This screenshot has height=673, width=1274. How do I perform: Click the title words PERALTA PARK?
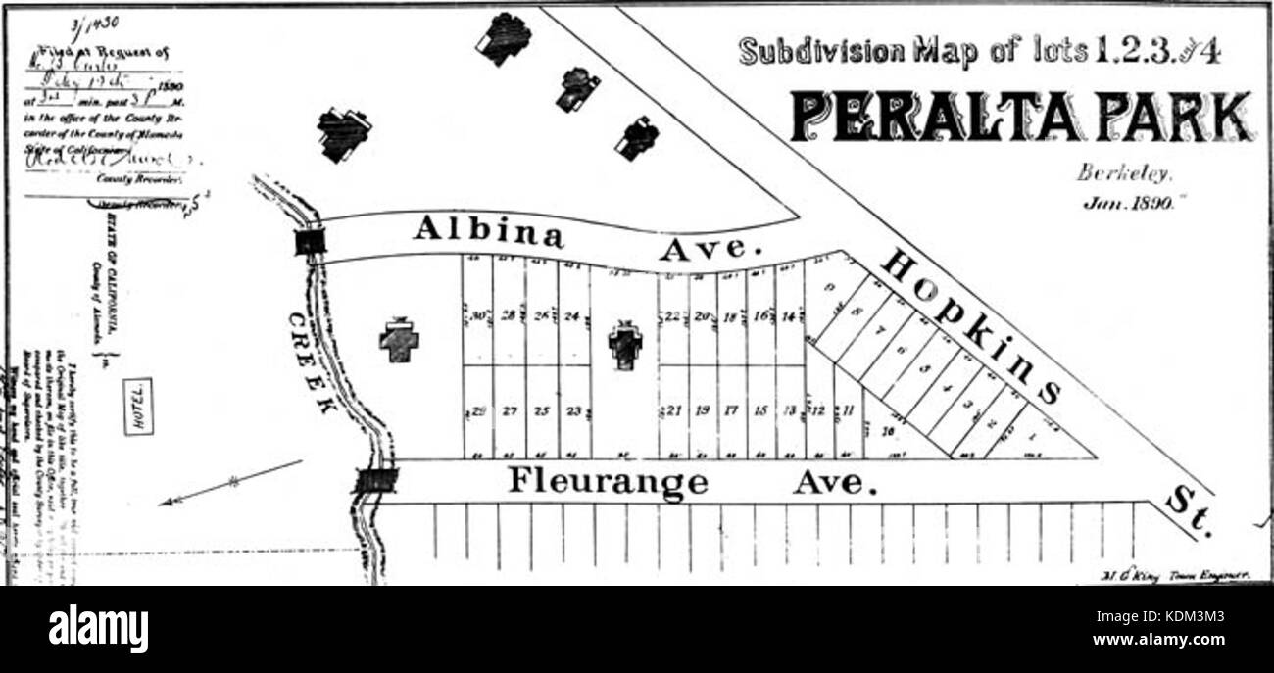click(1020, 117)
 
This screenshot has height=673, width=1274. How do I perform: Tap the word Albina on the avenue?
click(488, 231)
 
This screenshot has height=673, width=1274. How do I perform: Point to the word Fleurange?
click(608, 481)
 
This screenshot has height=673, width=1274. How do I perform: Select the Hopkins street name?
click(970, 326)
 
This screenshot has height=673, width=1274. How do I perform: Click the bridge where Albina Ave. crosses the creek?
click(310, 241)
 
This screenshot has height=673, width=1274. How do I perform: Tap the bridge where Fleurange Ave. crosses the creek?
click(375, 480)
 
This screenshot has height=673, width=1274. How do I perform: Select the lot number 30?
click(478, 315)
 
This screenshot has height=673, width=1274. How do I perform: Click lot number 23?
click(574, 411)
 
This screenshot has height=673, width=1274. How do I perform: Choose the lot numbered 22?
click(672, 316)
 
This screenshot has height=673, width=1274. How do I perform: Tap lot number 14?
click(790, 316)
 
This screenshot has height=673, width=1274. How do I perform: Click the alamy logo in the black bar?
click(98, 628)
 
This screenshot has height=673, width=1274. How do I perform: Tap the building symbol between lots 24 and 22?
click(624, 346)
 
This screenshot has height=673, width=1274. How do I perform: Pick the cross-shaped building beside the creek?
click(399, 340)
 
